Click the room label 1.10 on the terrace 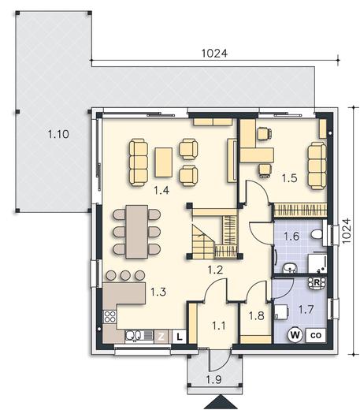[58, 134]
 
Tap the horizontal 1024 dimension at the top [214, 54]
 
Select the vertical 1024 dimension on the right [347, 231]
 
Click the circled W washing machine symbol [295, 335]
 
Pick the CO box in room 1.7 [316, 335]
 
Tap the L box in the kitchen [180, 337]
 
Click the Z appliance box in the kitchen [161, 337]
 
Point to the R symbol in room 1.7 [317, 283]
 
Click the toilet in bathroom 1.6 [317, 234]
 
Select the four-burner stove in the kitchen [109, 317]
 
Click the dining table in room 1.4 [136, 232]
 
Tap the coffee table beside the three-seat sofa [164, 162]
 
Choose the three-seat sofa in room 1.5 [317, 166]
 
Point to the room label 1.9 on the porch [213, 379]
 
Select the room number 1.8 [256, 316]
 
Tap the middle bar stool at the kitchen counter [125, 275]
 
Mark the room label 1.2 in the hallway [215, 270]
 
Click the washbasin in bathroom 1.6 [290, 268]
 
